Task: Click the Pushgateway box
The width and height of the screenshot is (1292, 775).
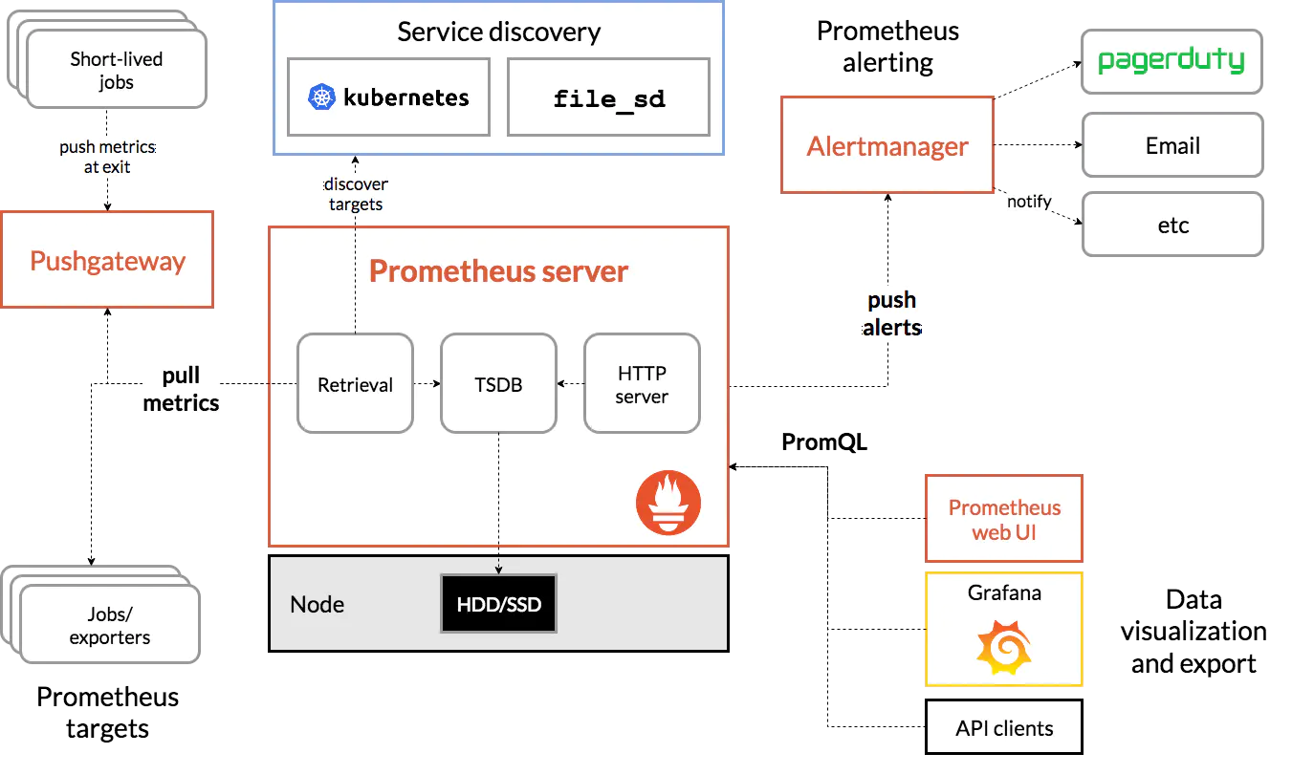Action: [x=107, y=261]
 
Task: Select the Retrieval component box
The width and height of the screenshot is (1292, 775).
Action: [x=355, y=384]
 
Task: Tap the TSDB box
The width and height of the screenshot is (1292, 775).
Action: [x=498, y=384]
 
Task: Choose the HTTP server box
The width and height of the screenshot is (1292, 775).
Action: [x=642, y=384]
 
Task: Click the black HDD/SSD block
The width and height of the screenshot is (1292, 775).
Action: [x=498, y=604]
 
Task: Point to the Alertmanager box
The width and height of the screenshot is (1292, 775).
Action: [x=887, y=146]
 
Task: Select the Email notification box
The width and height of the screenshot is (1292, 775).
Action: [x=1172, y=146]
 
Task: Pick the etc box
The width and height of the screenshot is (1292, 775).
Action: [x=1172, y=226]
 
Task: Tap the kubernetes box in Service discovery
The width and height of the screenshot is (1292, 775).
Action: [x=389, y=97]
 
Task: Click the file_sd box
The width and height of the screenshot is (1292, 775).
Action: [x=609, y=97]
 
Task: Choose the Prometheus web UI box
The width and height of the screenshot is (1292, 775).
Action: [x=1004, y=520]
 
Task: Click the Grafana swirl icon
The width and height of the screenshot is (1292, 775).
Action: [x=1004, y=647]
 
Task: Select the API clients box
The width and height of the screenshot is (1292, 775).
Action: [x=1004, y=728]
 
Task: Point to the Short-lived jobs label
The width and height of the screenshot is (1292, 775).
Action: [x=117, y=71]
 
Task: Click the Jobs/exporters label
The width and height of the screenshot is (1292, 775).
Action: [x=110, y=625]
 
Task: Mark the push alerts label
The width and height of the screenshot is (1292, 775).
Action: [x=892, y=314]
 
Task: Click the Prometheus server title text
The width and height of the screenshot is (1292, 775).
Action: [x=498, y=271]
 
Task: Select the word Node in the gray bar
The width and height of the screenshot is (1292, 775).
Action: [x=317, y=605]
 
